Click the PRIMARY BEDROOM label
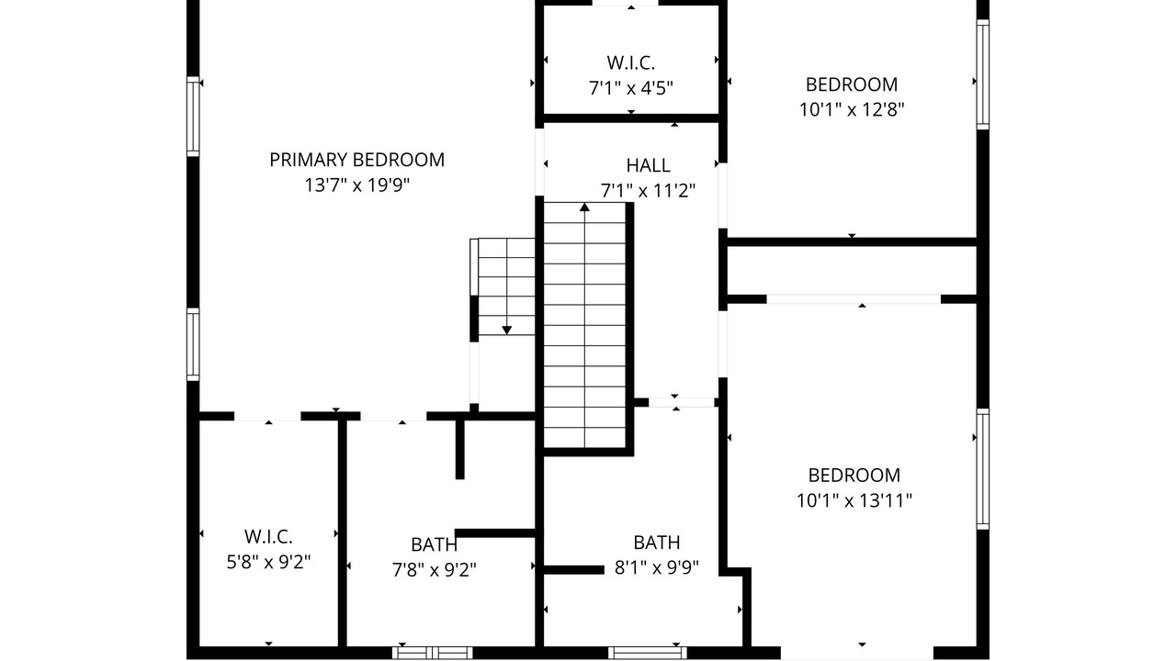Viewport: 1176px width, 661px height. (x=357, y=160)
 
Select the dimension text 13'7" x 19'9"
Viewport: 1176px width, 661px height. (x=357, y=185)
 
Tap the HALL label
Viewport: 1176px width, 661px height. (x=648, y=165)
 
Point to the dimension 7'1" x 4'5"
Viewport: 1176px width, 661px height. (x=630, y=88)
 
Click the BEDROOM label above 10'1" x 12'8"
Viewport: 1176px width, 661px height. (x=852, y=84)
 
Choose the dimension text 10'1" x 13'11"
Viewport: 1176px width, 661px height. (x=854, y=500)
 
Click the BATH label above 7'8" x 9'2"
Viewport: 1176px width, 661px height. (x=435, y=544)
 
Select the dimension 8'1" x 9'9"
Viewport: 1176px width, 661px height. (x=657, y=567)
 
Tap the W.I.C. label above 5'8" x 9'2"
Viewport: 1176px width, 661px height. (x=268, y=537)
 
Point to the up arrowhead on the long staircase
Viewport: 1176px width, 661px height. (x=584, y=207)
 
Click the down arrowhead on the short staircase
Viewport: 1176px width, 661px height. (x=506, y=330)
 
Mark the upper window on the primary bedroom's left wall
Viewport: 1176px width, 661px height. (x=193, y=117)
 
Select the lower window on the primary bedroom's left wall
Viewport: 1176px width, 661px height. (x=193, y=344)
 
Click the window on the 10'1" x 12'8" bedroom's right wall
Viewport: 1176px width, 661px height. (x=983, y=74)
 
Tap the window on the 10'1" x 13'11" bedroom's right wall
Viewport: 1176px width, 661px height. (x=983, y=469)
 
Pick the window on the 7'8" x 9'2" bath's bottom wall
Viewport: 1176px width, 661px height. (x=432, y=653)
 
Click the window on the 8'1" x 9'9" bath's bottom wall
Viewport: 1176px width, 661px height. (x=648, y=653)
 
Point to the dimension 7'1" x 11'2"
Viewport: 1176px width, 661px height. (x=648, y=191)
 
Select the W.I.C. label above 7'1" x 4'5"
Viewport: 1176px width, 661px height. (x=630, y=63)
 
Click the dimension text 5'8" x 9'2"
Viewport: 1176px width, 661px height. (x=268, y=563)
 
